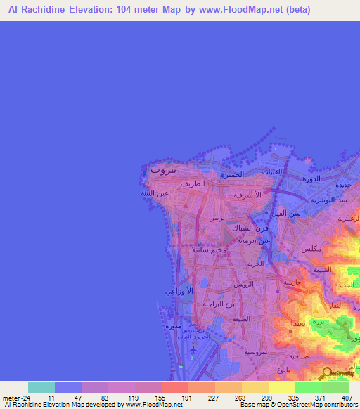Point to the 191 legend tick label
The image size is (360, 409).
coord(188,397)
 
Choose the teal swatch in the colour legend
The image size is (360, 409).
coord(41,387)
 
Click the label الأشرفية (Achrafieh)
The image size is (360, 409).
coord(247,195)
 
